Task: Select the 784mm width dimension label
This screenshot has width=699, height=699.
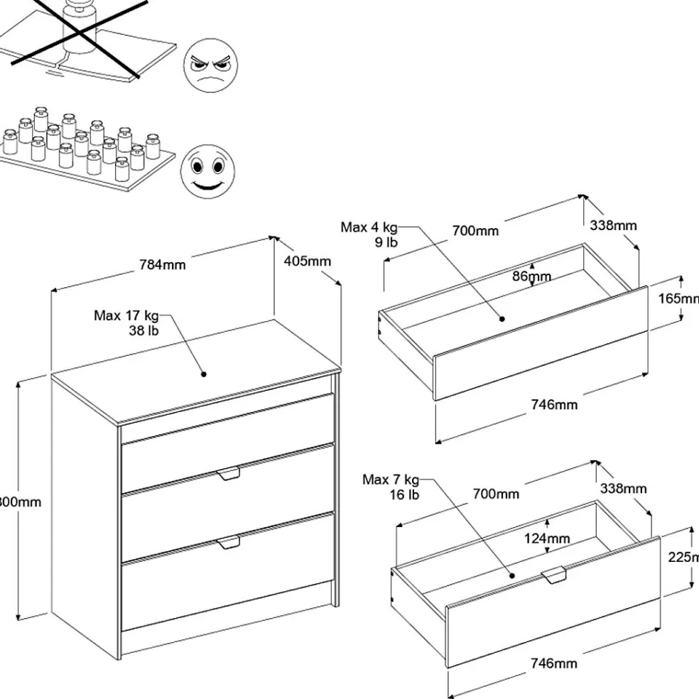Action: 163,264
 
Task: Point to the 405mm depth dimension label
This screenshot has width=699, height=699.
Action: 308,261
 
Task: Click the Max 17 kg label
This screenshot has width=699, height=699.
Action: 126,315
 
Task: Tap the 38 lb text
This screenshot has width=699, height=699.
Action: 143,330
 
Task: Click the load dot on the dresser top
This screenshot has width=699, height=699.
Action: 203,373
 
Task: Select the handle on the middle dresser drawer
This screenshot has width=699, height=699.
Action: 229,474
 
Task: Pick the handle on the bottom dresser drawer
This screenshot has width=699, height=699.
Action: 229,543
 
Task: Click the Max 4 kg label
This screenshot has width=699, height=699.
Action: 369,227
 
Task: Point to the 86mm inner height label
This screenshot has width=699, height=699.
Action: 532,276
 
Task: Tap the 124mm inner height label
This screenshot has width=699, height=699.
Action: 547,538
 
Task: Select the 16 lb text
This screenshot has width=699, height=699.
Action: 404,494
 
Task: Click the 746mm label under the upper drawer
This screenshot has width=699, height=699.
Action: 554,405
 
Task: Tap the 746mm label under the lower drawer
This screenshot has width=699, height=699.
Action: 554,663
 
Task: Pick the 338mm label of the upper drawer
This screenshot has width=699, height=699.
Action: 613,225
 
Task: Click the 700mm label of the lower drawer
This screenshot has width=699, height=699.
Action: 497,494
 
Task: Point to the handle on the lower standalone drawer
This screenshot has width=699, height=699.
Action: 553,575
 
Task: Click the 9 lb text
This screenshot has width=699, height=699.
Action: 386,242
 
